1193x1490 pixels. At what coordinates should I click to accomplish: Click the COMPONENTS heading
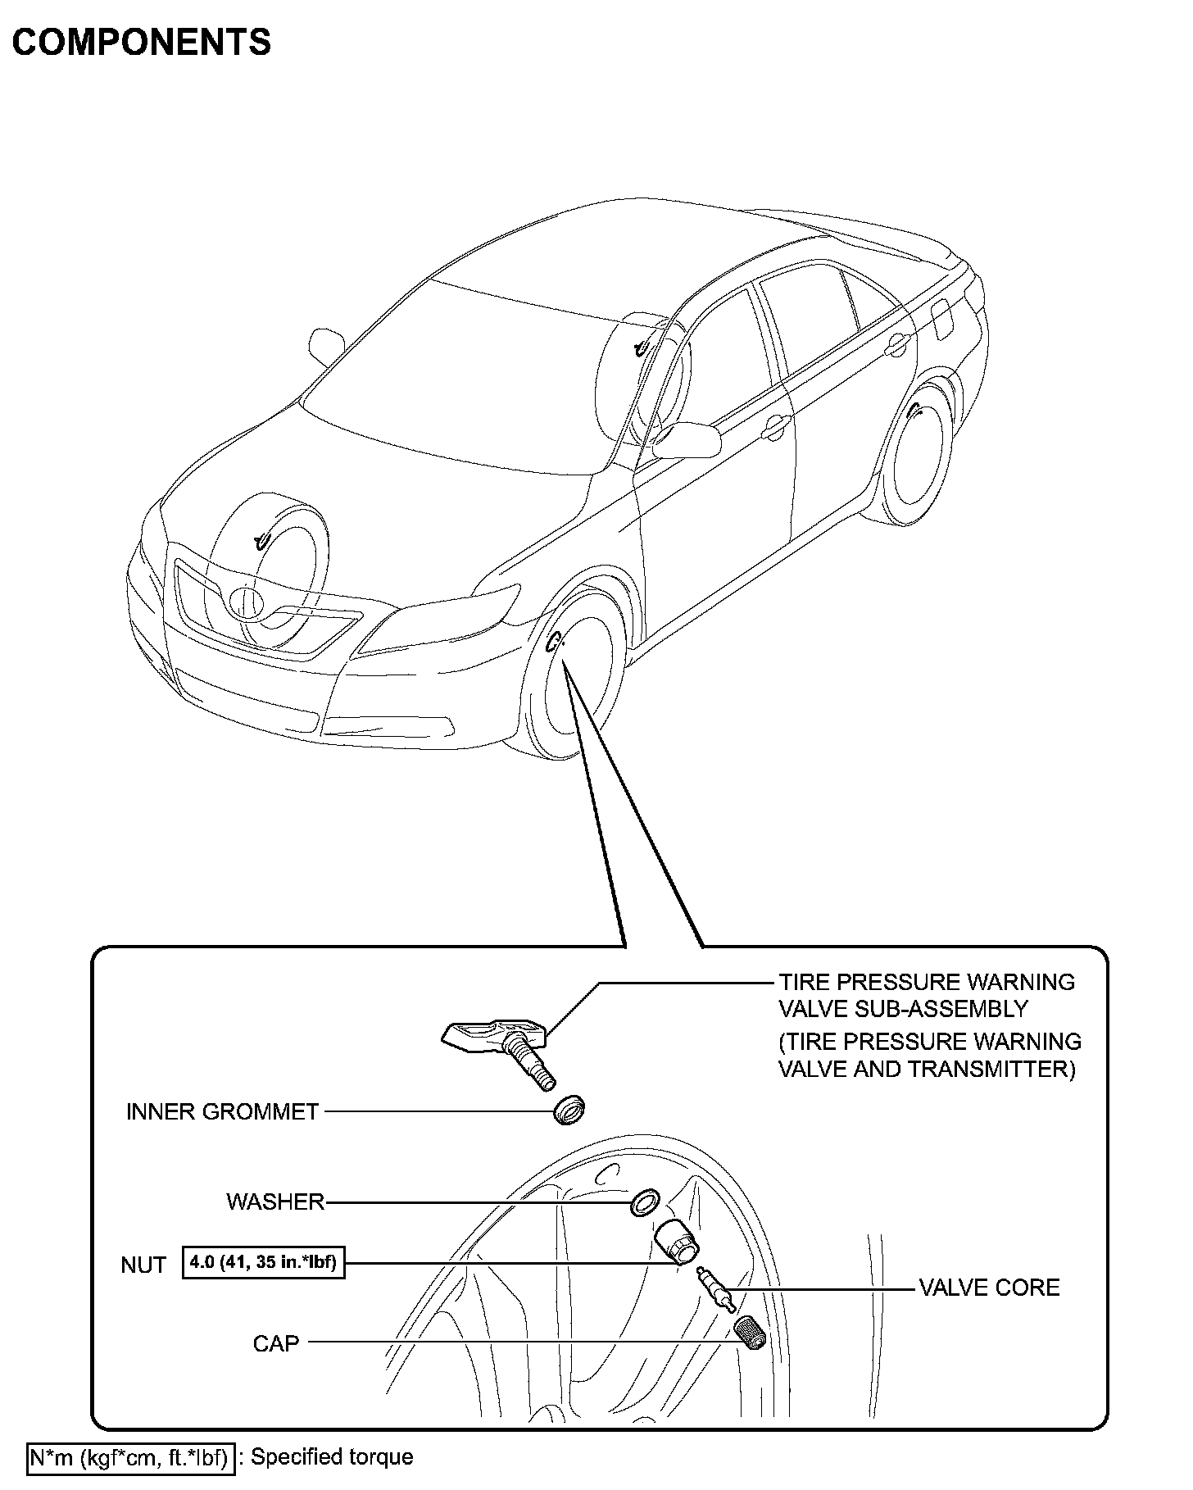(x=142, y=42)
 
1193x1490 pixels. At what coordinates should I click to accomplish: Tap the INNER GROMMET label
(x=222, y=1112)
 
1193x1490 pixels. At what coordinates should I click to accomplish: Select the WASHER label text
(x=275, y=1202)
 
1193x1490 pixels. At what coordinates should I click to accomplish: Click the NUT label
(x=143, y=1265)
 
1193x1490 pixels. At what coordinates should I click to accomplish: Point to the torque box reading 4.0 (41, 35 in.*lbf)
(x=263, y=1262)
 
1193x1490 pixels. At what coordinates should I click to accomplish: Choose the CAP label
(x=276, y=1343)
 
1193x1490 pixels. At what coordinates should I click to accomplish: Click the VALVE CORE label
(x=989, y=1288)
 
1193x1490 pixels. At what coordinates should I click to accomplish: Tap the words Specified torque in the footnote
(x=332, y=1457)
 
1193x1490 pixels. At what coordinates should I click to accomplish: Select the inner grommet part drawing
(x=568, y=1110)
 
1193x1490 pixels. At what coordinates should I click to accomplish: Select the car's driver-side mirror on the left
(x=326, y=346)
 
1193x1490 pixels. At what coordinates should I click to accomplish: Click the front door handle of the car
(x=773, y=425)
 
